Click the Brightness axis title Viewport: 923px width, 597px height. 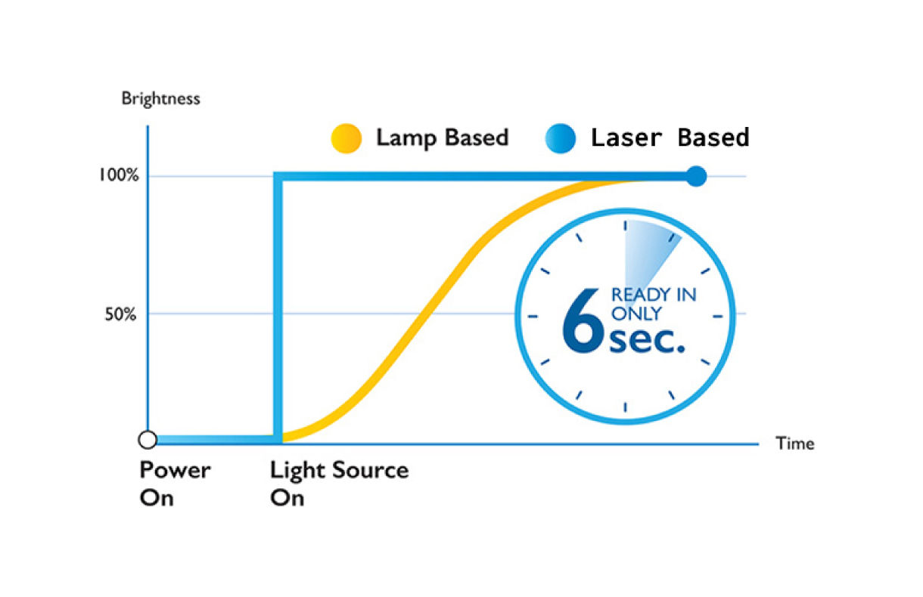point(160,99)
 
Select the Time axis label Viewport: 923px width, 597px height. point(795,444)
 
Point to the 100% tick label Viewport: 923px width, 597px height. point(119,175)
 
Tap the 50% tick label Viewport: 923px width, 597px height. point(120,314)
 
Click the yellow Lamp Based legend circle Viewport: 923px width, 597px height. point(347,138)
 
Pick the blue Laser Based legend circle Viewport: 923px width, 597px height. point(561,138)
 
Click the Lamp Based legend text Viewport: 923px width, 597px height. point(442,138)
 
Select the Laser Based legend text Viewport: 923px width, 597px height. point(670,138)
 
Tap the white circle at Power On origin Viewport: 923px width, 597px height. point(148,440)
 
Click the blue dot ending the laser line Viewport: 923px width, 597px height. point(696,176)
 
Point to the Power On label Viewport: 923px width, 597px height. point(175,484)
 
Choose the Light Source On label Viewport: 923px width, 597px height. point(340,484)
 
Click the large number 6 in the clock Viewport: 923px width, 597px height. point(583,320)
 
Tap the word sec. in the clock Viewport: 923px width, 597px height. point(647,341)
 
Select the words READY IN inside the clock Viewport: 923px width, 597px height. point(654,295)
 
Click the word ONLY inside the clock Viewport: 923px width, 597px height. point(636,314)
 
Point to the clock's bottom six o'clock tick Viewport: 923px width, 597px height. point(626,407)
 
